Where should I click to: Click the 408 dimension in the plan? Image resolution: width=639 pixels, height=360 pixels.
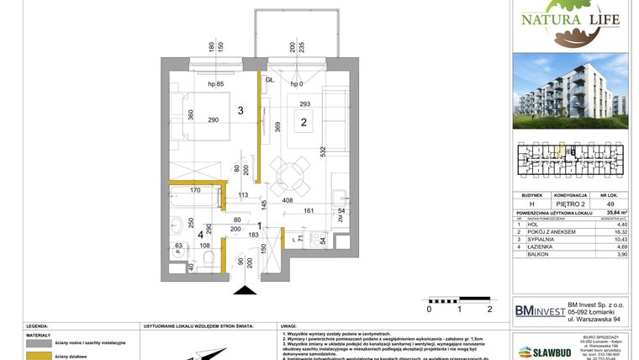tap(287, 201)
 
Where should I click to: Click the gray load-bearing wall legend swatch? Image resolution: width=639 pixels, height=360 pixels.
tap(38, 343)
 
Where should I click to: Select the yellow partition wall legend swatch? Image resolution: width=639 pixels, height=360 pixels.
tap(38, 357)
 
